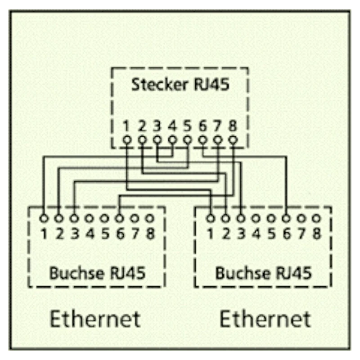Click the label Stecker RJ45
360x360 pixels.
[180, 85]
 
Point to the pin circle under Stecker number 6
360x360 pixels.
[202, 140]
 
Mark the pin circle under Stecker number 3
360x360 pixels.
[157, 140]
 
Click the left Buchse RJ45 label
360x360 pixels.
[97, 273]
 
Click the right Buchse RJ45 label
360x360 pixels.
[263, 273]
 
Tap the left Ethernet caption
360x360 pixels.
[95, 319]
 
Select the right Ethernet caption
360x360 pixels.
[265, 319]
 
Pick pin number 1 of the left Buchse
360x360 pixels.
[44, 234]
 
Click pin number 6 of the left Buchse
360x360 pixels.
[120, 234]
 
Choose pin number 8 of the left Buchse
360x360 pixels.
[150, 234]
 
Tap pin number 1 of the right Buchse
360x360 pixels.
[210, 234]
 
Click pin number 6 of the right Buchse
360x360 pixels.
[286, 234]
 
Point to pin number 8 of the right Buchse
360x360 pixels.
[317, 234]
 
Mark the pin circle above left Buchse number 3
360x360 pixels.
[74, 219]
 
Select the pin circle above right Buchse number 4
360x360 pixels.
[256, 219]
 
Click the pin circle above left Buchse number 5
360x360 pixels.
[104, 219]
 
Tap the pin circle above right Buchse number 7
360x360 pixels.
[301, 219]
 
